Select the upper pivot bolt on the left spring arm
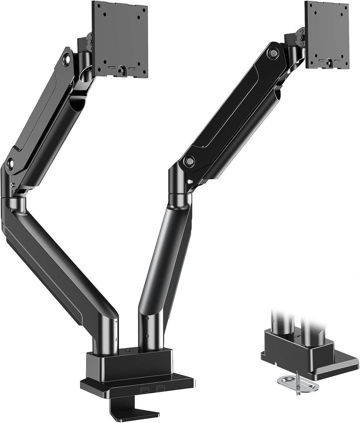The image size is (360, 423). (x=67, y=59)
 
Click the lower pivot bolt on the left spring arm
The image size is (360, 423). (x=10, y=161)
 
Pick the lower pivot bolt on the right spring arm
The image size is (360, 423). (x=190, y=161)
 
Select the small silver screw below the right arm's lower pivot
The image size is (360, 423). (x=190, y=181)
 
